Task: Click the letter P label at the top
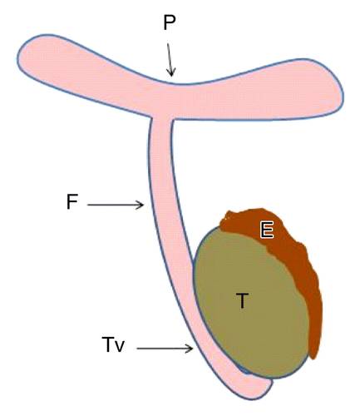pos(169,22)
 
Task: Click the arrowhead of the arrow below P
pos(171,72)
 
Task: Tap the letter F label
pos(72,201)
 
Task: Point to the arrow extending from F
pos(116,205)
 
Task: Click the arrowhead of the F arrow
pos(140,205)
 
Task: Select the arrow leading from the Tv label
pos(165,349)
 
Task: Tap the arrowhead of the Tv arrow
pos(189,349)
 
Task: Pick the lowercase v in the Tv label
pos(119,347)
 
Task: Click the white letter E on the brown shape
pos(267,230)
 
